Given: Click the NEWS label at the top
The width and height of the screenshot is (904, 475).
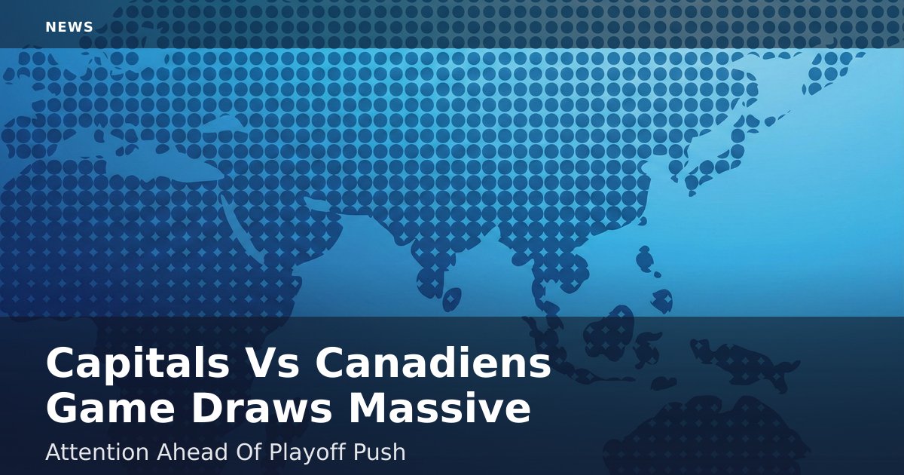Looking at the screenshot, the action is [x=69, y=27].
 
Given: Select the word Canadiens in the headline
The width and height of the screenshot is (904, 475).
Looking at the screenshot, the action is [x=432, y=362].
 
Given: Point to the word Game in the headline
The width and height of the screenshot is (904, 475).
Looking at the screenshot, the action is [x=110, y=409].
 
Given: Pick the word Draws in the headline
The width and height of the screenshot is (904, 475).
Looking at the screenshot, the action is [x=261, y=408].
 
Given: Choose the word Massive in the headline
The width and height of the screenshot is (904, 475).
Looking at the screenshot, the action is [x=439, y=408].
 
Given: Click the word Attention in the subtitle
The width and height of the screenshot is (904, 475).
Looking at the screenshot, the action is [x=97, y=452].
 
